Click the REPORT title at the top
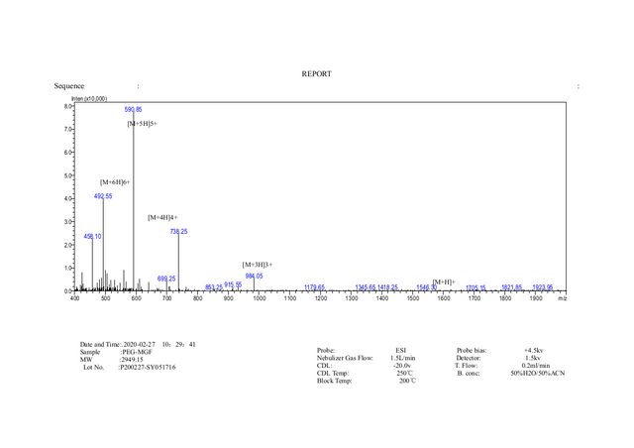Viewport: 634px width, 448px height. point(317,73)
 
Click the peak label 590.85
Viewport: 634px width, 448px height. point(134,109)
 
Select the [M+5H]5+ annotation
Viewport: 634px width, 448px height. point(143,124)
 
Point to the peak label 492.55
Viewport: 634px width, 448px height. point(103,196)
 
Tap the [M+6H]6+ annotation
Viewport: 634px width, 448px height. point(115,182)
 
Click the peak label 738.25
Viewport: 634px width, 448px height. point(179,231)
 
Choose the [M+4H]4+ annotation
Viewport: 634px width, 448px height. point(162,217)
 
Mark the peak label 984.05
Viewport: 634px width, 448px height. point(254,276)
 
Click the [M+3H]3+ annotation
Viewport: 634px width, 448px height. point(258,265)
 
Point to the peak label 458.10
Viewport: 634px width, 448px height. point(93,236)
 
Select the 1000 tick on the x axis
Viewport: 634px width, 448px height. point(260,297)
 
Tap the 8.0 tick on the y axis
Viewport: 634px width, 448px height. point(68,105)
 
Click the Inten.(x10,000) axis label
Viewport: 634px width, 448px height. point(89,98)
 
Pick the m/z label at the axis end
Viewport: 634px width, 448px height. point(562,297)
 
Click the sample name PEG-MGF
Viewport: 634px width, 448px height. point(137,352)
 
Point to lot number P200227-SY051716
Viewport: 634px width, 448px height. point(148,368)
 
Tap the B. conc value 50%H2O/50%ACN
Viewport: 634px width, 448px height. point(538,373)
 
